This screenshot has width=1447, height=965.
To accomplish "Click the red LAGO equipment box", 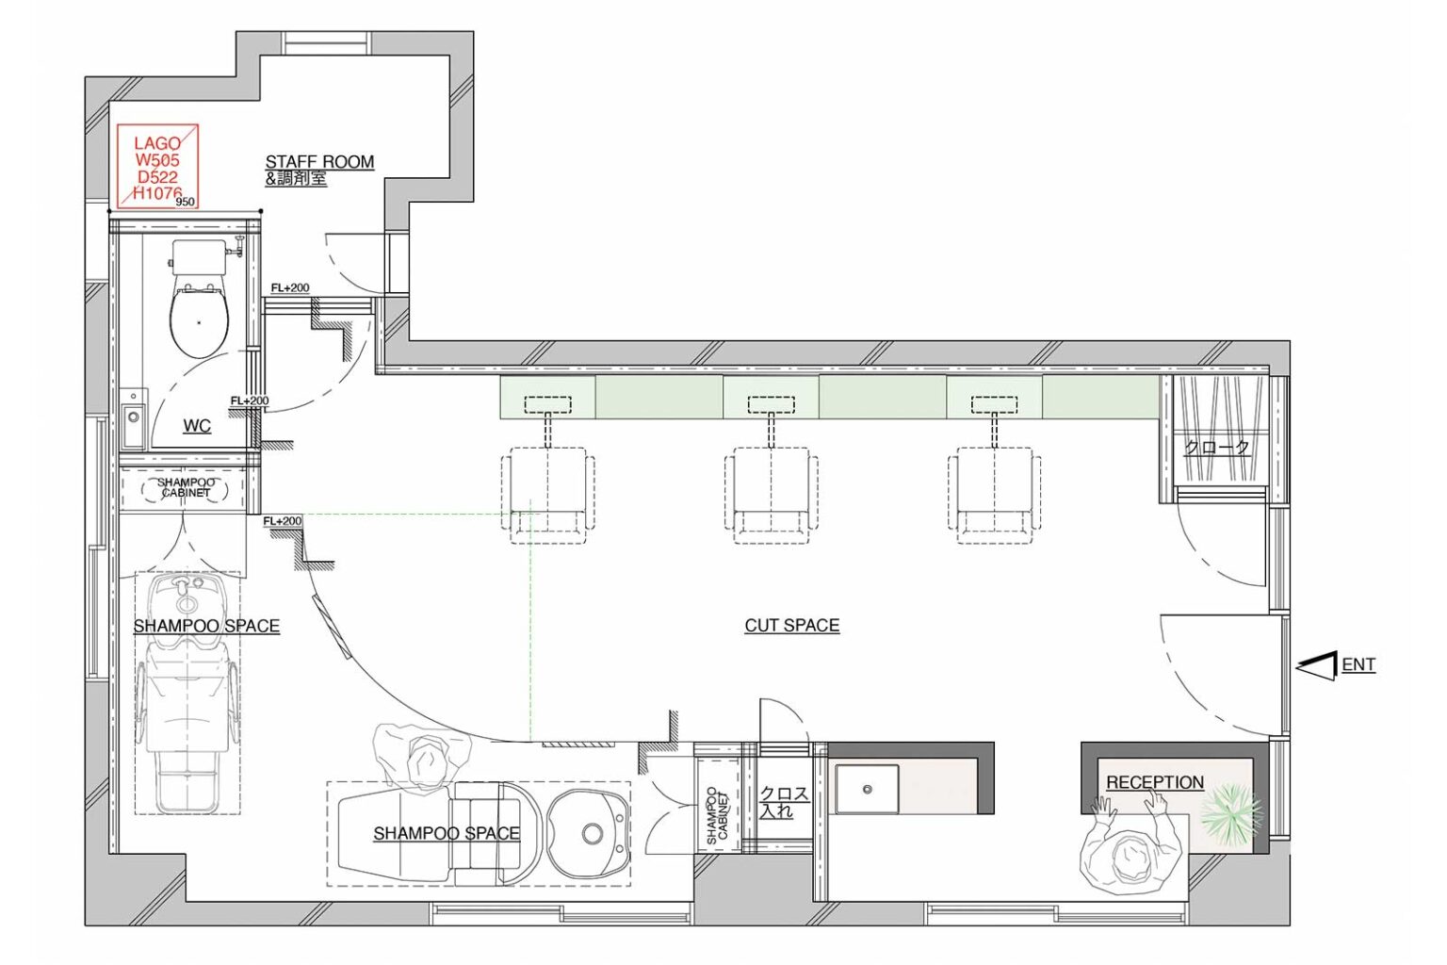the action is click(157, 167).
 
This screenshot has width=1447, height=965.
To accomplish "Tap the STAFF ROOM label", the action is click(319, 161).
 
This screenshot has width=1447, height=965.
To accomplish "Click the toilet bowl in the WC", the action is click(200, 320).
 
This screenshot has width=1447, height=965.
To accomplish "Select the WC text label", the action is click(197, 427).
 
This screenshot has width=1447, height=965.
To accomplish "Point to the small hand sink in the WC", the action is click(135, 418).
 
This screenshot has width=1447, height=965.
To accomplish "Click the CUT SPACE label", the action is click(792, 626).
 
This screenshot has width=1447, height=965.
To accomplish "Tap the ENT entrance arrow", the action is click(1316, 666).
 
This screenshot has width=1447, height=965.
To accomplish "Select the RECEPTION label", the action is click(1155, 783).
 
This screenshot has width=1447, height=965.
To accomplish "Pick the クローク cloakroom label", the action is click(1217, 448).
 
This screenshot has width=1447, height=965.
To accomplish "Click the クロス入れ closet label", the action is click(784, 801).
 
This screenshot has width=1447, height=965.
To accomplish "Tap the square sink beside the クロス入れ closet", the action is click(867, 789).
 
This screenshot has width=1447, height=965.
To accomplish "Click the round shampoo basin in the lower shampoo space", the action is click(589, 833).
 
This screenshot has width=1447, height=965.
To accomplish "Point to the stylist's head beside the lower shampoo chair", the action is click(426, 759).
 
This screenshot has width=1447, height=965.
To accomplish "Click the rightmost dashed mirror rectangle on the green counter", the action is click(994, 405).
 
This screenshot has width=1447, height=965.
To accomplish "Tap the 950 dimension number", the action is click(185, 202).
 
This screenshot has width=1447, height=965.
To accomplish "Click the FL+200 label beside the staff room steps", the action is click(290, 287).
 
